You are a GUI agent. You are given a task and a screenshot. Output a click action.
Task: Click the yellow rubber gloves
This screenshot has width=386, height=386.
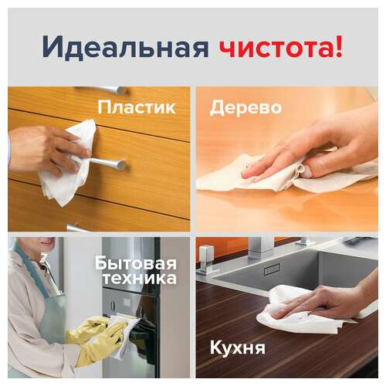pyautogui.click(x=96, y=336)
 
